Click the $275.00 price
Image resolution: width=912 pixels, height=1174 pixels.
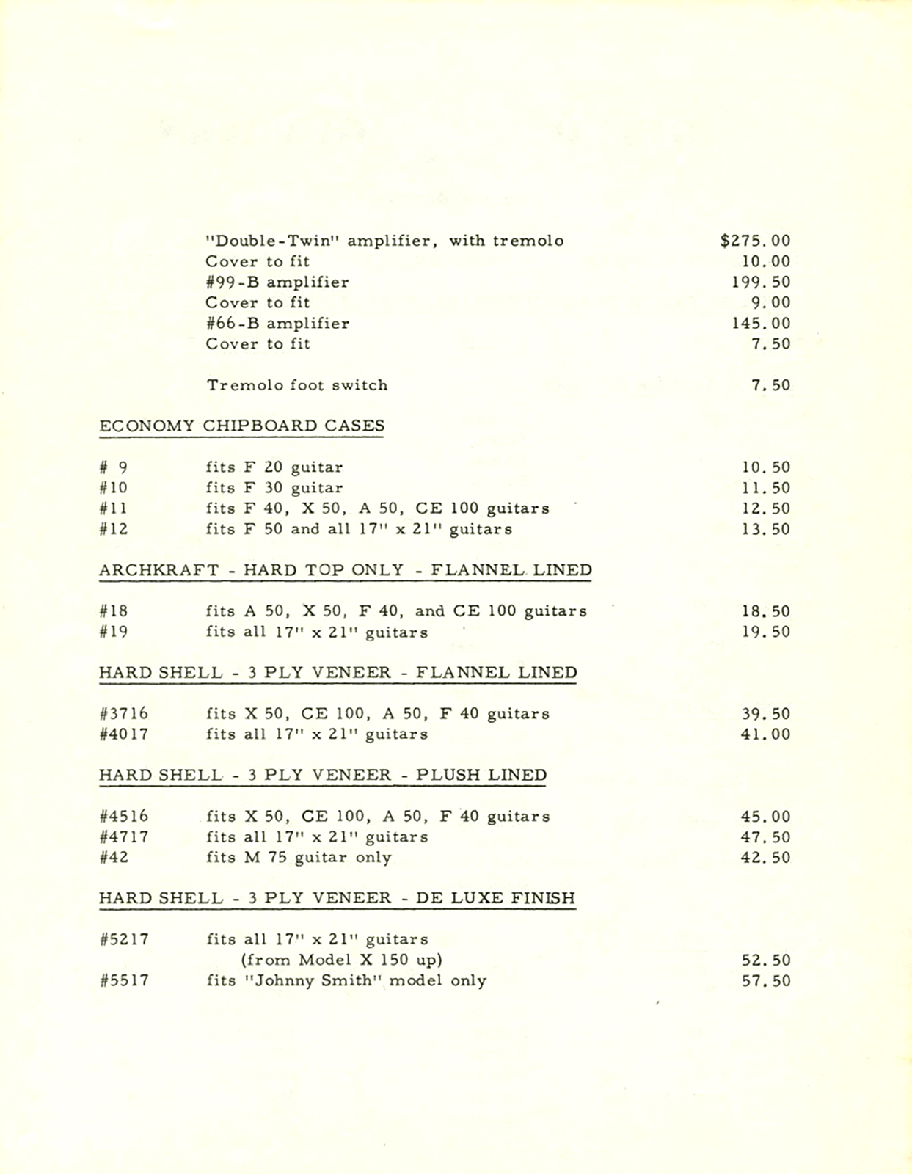pos(755,241)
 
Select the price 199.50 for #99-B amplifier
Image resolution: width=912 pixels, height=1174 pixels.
pos(761,282)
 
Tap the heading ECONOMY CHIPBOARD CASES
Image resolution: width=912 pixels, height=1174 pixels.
pos(241,426)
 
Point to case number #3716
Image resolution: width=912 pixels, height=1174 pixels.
pos(123,713)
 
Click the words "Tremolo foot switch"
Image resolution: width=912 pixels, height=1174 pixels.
pos(296,385)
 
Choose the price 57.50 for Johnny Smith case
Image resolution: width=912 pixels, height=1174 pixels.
pos(766,980)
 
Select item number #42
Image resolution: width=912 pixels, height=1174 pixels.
pos(114,857)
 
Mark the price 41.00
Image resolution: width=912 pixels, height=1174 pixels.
pos(766,734)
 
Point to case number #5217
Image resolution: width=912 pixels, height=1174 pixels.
pos(123,939)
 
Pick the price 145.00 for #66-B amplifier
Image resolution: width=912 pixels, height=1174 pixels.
pos(761,323)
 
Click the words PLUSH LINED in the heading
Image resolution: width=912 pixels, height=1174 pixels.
pos(481,775)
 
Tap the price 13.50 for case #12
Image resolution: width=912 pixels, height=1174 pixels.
pos(766,529)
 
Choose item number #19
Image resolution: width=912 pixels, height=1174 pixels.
pos(114,632)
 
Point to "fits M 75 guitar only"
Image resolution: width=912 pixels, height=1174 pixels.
pos(299,857)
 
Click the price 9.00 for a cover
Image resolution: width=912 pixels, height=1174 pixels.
pos(770,302)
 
